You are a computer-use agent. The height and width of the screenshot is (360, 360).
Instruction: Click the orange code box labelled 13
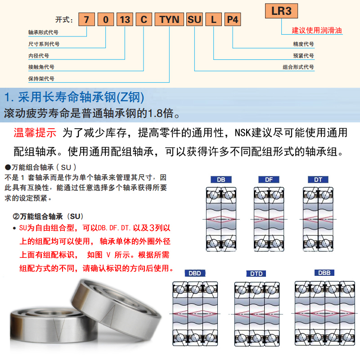coord(125,20)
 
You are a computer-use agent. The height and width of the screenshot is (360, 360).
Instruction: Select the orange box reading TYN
coord(169,20)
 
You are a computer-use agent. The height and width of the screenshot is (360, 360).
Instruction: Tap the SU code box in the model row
coord(194,20)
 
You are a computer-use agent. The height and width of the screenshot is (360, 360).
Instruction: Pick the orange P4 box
coord(233,20)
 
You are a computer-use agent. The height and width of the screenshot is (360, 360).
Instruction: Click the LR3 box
coord(282,11)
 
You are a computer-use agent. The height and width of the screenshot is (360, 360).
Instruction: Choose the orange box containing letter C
coord(144,20)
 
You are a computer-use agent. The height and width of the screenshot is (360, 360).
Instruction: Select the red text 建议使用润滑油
coord(317,31)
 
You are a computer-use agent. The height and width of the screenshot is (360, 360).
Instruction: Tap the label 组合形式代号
coord(298,67)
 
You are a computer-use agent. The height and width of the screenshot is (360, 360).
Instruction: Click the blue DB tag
coord(221,180)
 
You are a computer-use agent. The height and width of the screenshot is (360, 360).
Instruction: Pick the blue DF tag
coord(269,180)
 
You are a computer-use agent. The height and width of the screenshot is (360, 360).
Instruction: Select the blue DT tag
coord(318,180)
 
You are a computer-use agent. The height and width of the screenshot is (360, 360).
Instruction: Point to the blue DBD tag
coord(194,273)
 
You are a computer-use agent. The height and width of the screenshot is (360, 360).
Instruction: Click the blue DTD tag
coord(256,274)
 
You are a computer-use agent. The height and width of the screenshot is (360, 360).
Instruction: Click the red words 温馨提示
coord(35,133)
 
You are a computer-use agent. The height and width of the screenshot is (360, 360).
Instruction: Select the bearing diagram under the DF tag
coord(269,219)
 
